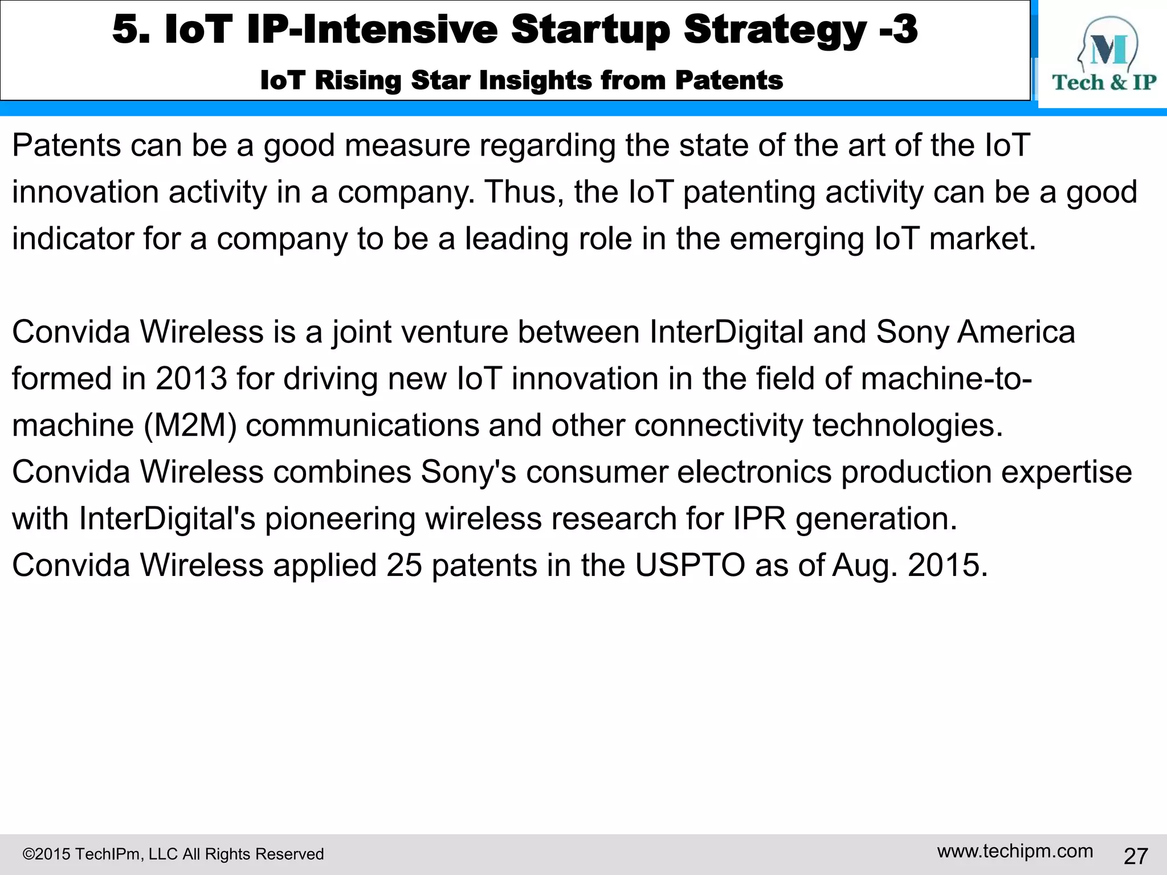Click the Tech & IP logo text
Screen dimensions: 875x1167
[x=1104, y=83]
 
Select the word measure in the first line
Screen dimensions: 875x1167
[x=407, y=146]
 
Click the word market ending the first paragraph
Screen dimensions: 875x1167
[x=982, y=239]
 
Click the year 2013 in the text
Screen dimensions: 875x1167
[x=191, y=379]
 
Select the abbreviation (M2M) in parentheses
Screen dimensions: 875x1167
[x=190, y=426]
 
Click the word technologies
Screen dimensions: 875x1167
[x=907, y=426]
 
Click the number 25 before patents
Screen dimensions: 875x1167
[x=404, y=566]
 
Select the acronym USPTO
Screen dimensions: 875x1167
[x=689, y=566]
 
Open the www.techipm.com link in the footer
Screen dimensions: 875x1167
[x=1015, y=851]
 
